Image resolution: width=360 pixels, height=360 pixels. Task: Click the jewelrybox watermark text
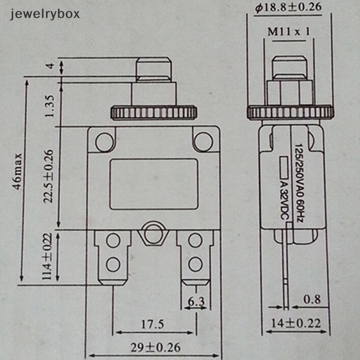45,14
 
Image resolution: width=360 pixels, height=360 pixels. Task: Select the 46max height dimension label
18,172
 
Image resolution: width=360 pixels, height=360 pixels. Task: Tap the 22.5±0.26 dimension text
49,176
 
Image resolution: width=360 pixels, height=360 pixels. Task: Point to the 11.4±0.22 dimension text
47,256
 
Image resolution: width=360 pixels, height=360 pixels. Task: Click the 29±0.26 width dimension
155,347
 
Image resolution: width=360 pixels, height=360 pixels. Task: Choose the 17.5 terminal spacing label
153,324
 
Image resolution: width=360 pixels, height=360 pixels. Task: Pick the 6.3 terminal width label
196,301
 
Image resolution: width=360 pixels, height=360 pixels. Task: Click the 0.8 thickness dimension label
312,299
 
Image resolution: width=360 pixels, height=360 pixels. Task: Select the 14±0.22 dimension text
296,324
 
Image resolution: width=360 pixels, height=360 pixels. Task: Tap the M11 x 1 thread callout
288,31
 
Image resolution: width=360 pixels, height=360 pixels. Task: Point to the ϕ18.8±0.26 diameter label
288,8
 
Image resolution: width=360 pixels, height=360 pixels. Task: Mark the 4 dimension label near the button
50,66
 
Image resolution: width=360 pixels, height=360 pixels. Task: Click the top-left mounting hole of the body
104,142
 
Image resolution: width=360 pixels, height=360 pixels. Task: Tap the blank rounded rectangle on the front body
153,184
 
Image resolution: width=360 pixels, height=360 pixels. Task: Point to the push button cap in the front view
154,70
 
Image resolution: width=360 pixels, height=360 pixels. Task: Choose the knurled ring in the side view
290,112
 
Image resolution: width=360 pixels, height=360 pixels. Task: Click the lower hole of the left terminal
113,264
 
